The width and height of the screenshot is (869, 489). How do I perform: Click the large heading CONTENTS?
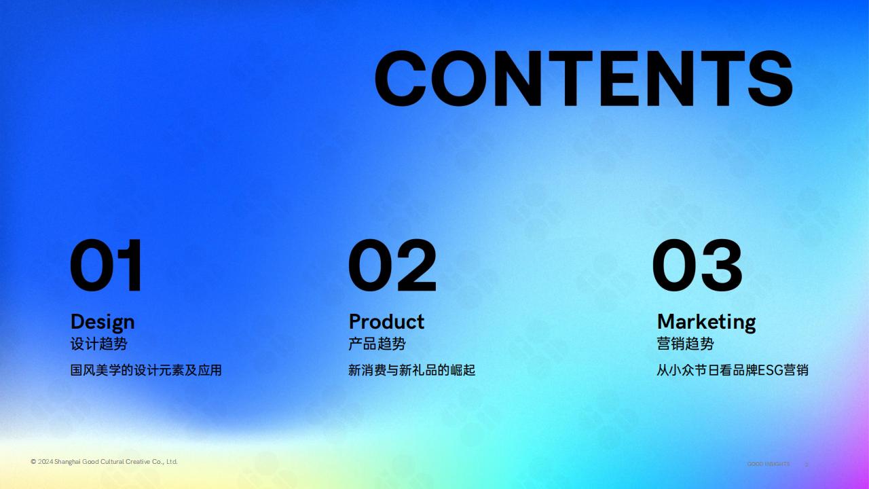[x=583, y=78]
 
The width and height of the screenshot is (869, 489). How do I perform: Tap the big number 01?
[x=106, y=265]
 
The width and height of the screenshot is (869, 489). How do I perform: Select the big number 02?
[x=392, y=265]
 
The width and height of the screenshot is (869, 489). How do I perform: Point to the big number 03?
[x=697, y=265]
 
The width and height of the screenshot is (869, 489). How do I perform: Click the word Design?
[x=103, y=323]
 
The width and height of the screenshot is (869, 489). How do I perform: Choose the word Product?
[x=386, y=322]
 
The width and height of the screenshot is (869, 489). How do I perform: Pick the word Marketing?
[x=707, y=323]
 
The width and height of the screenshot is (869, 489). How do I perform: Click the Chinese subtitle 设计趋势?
[x=98, y=344]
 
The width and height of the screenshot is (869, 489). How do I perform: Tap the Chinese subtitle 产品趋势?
[x=377, y=344]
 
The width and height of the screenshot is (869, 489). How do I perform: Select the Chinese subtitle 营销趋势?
[x=685, y=344]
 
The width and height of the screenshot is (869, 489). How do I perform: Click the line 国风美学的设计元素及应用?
[x=146, y=370]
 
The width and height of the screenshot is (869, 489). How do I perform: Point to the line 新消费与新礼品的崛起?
[x=411, y=370]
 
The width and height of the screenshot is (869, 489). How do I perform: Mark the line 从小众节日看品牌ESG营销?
[x=733, y=370]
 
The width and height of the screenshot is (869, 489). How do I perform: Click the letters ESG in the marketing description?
[x=771, y=371]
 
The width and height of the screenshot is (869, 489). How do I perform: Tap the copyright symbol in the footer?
[x=33, y=462]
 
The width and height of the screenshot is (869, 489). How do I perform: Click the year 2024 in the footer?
[x=45, y=462]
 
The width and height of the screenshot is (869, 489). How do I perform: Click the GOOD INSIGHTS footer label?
[x=768, y=464]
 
